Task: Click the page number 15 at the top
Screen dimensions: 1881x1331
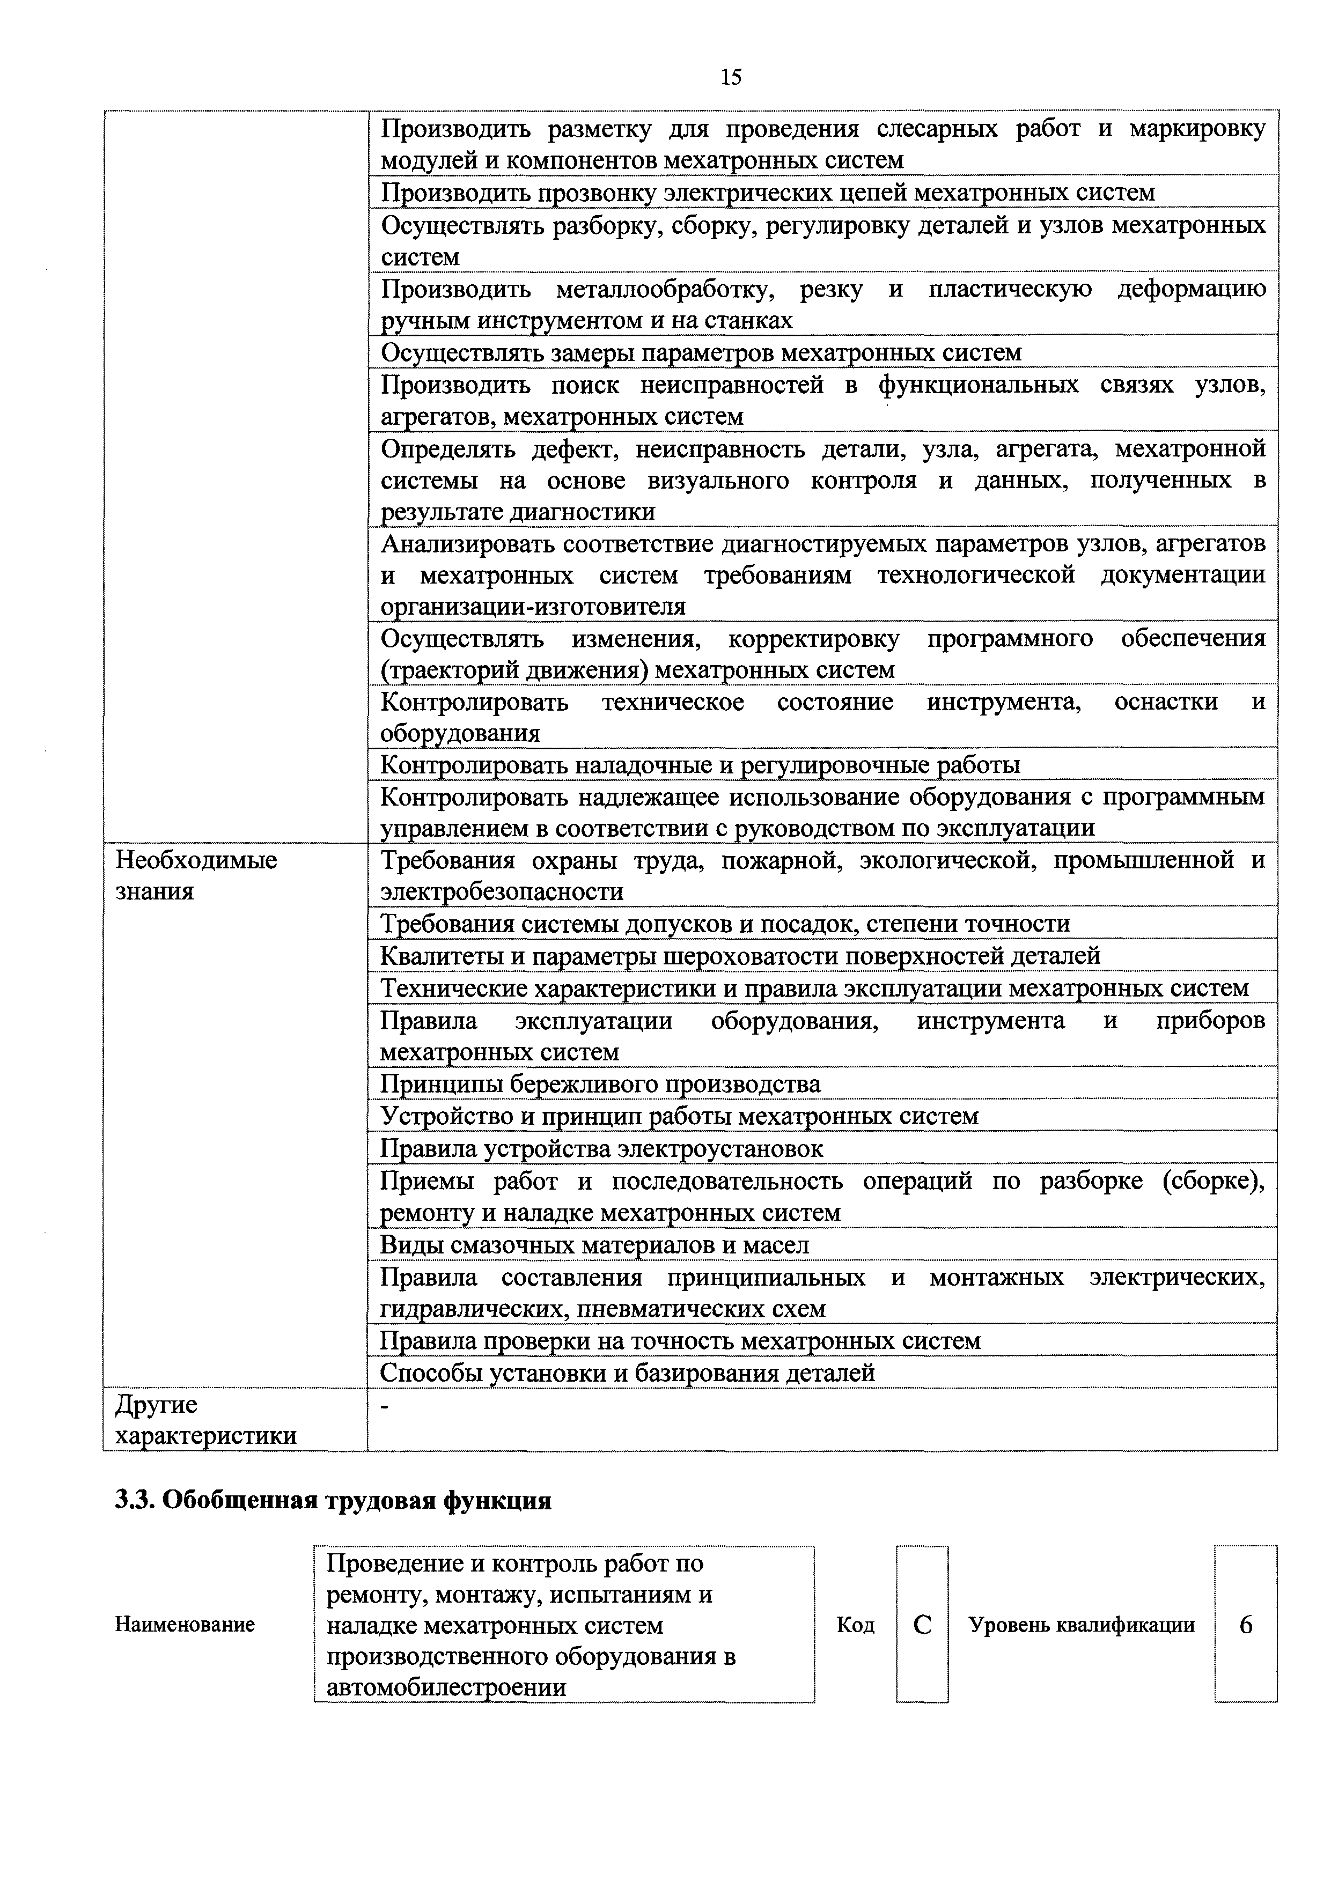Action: [x=730, y=77]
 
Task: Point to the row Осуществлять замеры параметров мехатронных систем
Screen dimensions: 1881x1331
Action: [x=702, y=352]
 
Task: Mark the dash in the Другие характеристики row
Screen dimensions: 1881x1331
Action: [x=387, y=1407]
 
